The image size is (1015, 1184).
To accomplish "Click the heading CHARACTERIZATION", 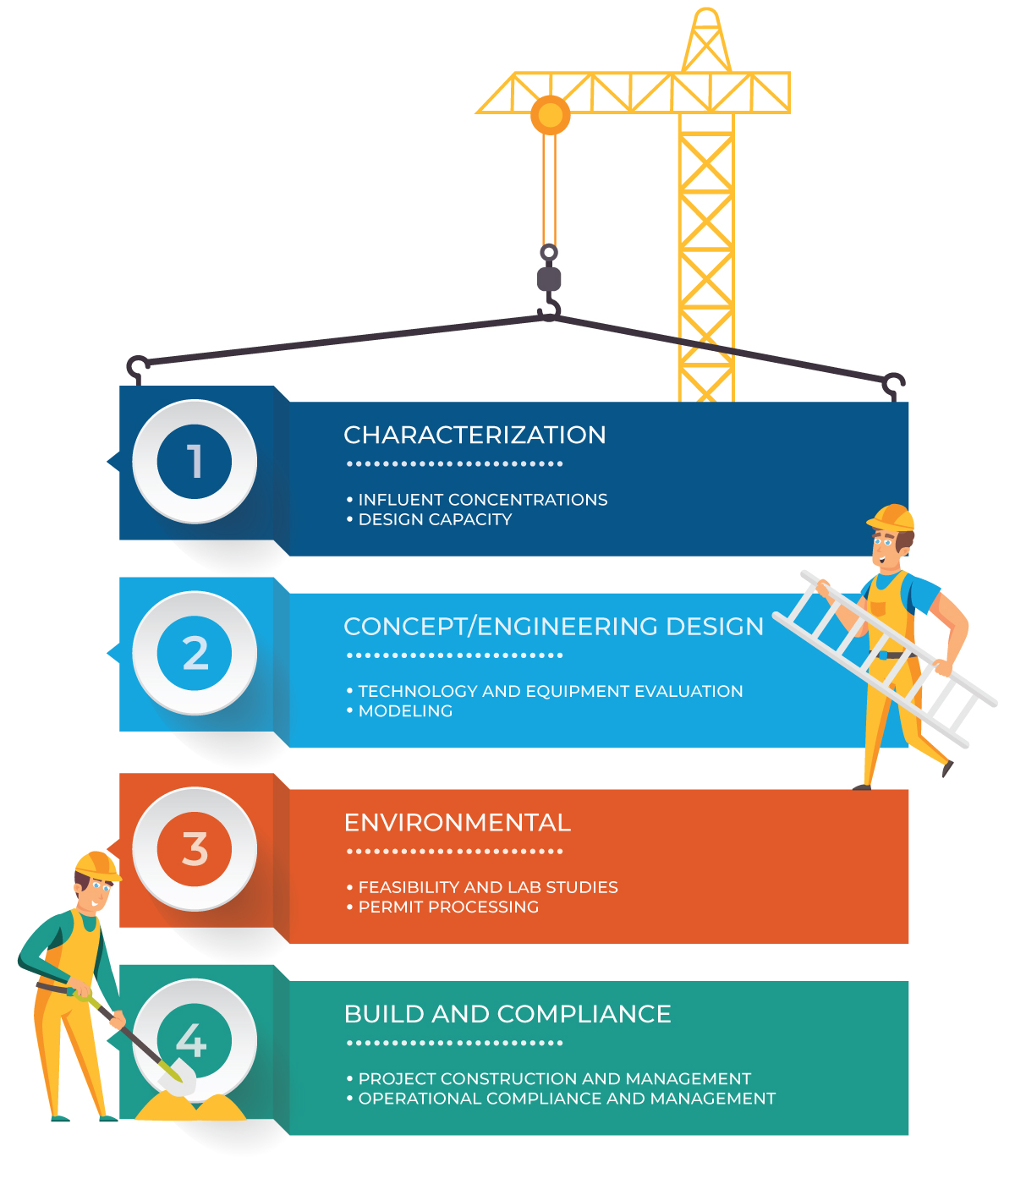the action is coord(475,435).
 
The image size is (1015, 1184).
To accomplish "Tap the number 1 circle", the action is coord(195,461).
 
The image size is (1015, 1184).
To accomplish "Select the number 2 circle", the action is coord(195,652).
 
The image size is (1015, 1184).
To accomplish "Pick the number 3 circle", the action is coord(195,848).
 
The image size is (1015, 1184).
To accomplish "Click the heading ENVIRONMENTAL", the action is coord(457,823).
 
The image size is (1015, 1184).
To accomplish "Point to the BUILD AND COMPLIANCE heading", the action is coord(507,1014).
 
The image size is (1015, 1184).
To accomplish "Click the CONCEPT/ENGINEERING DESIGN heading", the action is coord(553,626).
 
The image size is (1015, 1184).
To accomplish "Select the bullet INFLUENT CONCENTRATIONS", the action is coord(477,500).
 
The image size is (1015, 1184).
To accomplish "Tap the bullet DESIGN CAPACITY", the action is coord(429,519).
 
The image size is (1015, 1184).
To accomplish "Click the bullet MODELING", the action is coord(399,710).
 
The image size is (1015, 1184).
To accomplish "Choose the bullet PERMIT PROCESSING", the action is coord(442,907).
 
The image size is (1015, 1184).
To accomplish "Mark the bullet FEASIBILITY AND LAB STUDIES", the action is coord(482,886).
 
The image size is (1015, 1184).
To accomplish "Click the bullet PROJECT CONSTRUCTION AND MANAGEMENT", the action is coord(549,1078).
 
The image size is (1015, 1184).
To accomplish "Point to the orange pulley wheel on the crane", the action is coord(550,114).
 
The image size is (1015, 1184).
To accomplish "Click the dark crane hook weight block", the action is coord(549,279).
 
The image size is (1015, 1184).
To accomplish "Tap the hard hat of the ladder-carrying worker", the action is coord(891,518).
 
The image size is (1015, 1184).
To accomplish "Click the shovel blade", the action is coord(177,1076).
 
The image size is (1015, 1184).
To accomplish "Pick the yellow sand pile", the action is coord(191,1105).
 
